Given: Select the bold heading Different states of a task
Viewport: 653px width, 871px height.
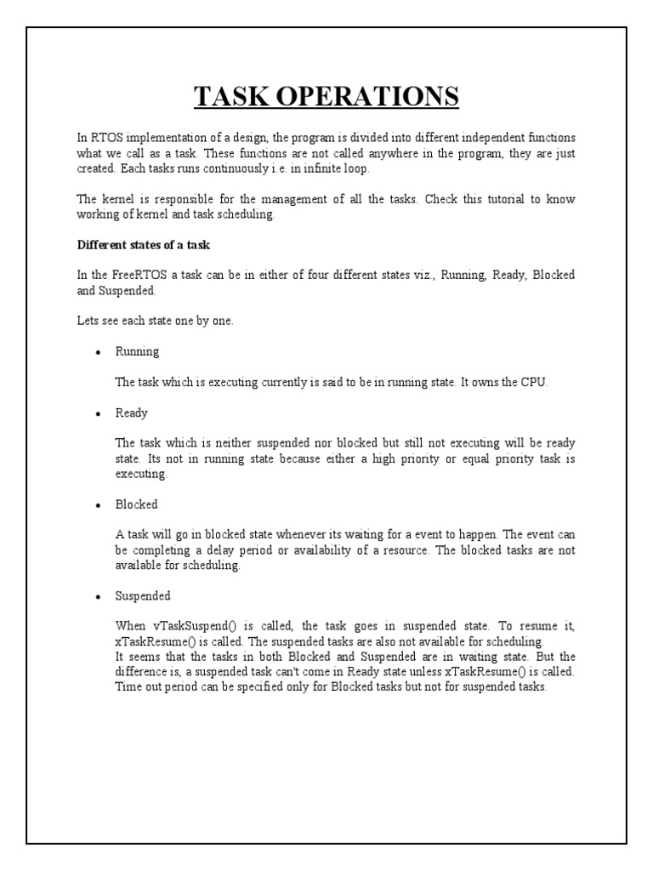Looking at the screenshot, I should [x=143, y=245].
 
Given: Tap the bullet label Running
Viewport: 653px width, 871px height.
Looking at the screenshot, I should [x=137, y=351].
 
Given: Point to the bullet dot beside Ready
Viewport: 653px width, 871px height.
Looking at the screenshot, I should [x=99, y=414].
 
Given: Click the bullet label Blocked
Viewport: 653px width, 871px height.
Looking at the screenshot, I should [x=136, y=504].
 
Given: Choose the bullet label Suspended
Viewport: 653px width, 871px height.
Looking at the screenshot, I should [x=143, y=595].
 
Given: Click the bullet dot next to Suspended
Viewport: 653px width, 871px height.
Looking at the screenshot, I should [x=99, y=597].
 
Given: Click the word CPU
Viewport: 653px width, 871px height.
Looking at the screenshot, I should [x=533, y=382].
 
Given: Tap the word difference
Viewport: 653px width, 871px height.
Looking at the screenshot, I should [x=143, y=672].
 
